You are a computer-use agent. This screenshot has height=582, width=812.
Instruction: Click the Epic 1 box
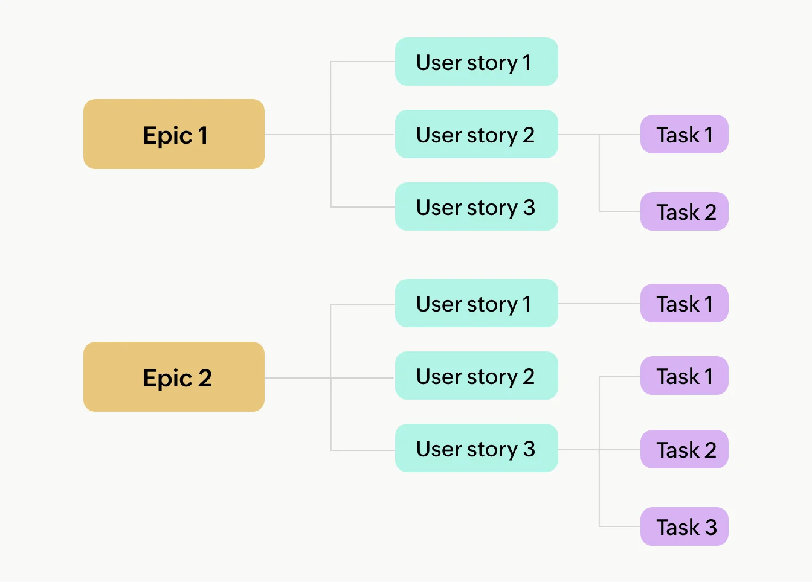click(174, 134)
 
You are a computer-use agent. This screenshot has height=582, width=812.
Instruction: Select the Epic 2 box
click(174, 377)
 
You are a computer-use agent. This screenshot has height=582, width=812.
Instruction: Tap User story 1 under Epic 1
click(476, 62)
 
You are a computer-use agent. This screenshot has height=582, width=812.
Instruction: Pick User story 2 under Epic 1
click(476, 134)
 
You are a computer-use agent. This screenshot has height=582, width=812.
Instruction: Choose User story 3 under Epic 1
click(476, 206)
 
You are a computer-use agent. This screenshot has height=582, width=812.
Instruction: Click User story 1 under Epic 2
click(476, 303)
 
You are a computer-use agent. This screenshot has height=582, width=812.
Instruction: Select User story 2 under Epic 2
click(476, 376)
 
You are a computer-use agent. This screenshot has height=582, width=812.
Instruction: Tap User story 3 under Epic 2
click(476, 448)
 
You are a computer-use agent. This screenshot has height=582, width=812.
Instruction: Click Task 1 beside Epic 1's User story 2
click(684, 134)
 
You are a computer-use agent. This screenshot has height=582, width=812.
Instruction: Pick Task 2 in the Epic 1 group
click(684, 211)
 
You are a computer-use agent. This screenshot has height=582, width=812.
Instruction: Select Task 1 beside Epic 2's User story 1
click(684, 303)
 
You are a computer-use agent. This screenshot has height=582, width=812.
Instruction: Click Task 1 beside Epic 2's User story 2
click(684, 376)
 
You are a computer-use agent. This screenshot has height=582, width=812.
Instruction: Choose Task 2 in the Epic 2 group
click(684, 449)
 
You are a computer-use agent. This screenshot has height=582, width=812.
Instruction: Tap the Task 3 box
click(684, 526)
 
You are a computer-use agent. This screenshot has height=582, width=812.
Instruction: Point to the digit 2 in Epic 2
click(205, 378)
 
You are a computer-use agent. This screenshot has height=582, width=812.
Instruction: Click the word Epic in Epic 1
click(167, 136)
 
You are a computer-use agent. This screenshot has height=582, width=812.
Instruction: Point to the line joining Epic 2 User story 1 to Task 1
click(598, 304)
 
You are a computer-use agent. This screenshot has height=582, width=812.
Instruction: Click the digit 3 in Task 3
click(710, 528)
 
